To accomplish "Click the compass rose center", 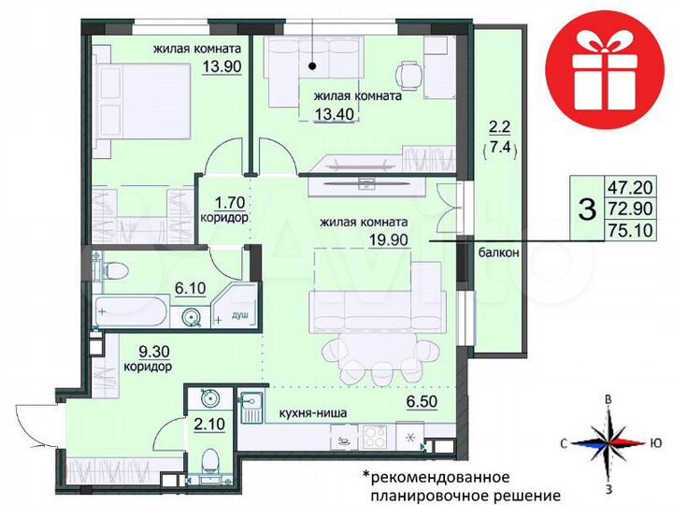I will pos(609,442).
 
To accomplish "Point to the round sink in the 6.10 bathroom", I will pos(193,316).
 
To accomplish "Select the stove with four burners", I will pos(375,436).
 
